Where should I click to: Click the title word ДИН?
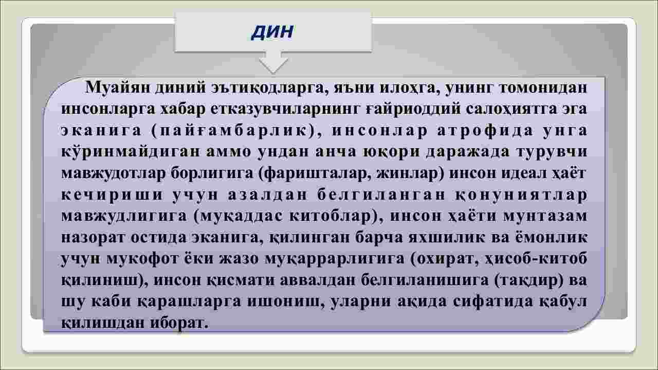[x=272, y=32]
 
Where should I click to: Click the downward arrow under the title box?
[x=273, y=62]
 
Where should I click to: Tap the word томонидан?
[x=543, y=87]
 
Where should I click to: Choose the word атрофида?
[x=485, y=131]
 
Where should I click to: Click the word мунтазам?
[x=545, y=216]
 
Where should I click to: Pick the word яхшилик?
[x=447, y=238]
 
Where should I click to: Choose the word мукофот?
[x=143, y=259]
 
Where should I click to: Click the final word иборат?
[x=179, y=323]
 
